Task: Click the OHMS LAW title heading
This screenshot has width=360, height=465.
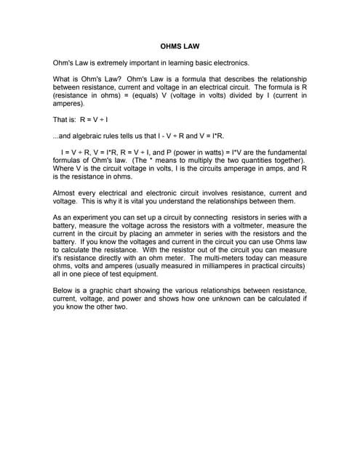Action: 180,45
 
